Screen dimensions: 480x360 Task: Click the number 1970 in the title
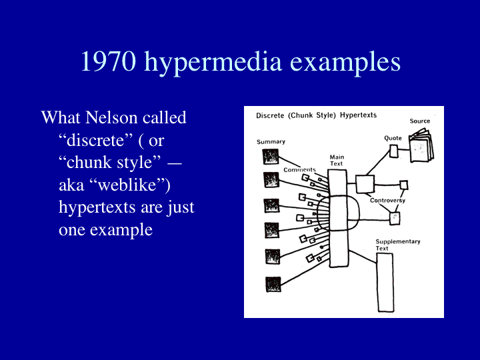pyautogui.click(x=108, y=61)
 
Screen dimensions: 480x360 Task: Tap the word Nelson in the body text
pyautogui.click(x=111, y=117)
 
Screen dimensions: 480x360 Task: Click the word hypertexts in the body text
pyautogui.click(x=97, y=208)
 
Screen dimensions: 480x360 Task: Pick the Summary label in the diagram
pyautogui.click(x=271, y=142)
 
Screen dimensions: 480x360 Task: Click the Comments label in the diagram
pyautogui.click(x=299, y=169)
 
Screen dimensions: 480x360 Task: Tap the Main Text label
pyautogui.click(x=337, y=160)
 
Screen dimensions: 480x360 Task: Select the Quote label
pyautogui.click(x=393, y=138)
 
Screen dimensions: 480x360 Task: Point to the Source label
pyautogui.click(x=420, y=121)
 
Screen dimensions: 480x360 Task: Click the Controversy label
pyautogui.click(x=387, y=201)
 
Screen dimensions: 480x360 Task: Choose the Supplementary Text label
pyautogui.click(x=398, y=245)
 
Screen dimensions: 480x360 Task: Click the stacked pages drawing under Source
pyautogui.click(x=421, y=145)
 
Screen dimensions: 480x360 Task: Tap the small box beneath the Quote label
pyautogui.click(x=394, y=151)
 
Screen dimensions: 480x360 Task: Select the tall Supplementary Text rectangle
pyautogui.click(x=385, y=283)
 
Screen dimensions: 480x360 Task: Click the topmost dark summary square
pyautogui.click(x=271, y=157)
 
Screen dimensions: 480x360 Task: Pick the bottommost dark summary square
pyautogui.click(x=273, y=285)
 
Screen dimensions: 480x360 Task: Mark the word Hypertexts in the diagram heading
pyautogui.click(x=358, y=115)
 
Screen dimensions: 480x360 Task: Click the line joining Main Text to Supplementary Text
pyautogui.click(x=363, y=257)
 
